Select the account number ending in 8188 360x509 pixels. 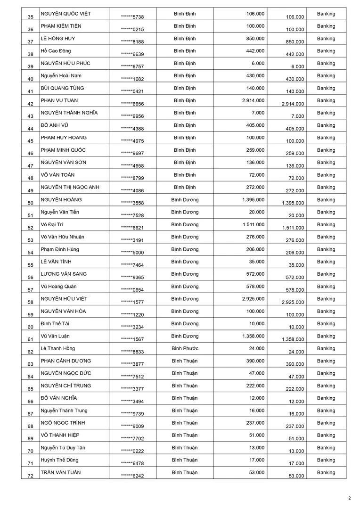132,42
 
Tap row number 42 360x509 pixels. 30,104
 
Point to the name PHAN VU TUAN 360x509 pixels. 59,100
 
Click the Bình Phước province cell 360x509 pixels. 185,348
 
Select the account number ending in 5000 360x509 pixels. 132,253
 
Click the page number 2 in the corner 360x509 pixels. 350,498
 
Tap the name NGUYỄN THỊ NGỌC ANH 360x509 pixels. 70,187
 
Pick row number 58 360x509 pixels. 30,303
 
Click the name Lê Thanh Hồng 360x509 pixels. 57,348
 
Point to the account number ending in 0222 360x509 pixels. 132,451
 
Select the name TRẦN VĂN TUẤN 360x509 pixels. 60,472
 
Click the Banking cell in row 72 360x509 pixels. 326,472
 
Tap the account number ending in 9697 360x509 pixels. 132,154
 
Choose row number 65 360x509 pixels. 30,389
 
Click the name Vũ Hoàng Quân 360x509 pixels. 58,287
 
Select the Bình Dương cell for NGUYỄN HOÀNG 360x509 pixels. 185,200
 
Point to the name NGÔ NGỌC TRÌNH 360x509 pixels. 63,423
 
